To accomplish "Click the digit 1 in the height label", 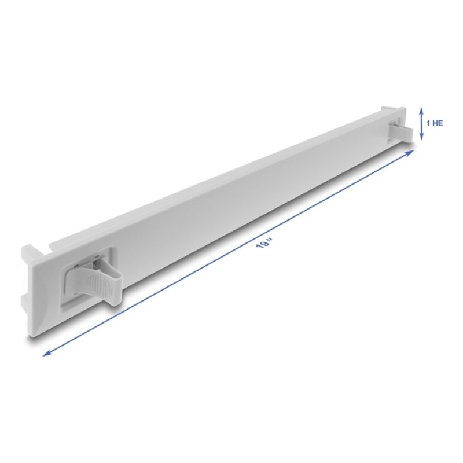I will point(428,123).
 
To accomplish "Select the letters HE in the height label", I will point(438,123).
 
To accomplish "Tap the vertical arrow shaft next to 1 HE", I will point(422,123).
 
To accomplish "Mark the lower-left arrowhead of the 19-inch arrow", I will point(46,353).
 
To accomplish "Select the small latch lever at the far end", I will point(403,133).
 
